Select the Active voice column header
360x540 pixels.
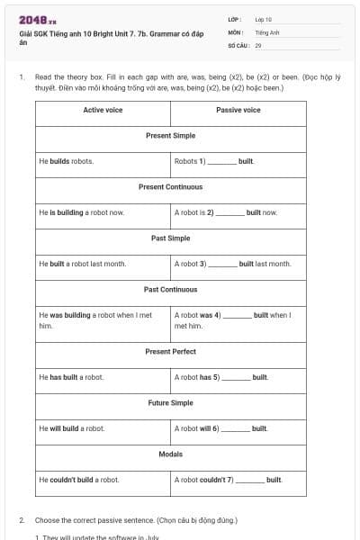tap(103, 110)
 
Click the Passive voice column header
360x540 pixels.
tap(238, 110)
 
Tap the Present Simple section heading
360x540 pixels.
tap(170, 135)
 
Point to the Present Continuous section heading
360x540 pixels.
tap(170, 187)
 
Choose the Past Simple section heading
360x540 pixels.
tap(170, 238)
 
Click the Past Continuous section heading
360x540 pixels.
tap(170, 290)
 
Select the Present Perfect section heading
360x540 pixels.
tap(170, 351)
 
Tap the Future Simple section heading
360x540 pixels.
tap(170, 402)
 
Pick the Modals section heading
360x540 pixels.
tap(170, 454)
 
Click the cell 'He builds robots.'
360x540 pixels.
tap(67, 161)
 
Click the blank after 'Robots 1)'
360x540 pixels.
tap(222, 163)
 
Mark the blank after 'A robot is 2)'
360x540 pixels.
tap(229, 214)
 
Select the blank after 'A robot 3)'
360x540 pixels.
tap(222, 265)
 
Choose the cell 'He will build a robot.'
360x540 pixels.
tap(72, 428)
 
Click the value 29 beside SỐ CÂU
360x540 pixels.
tap(258, 44)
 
